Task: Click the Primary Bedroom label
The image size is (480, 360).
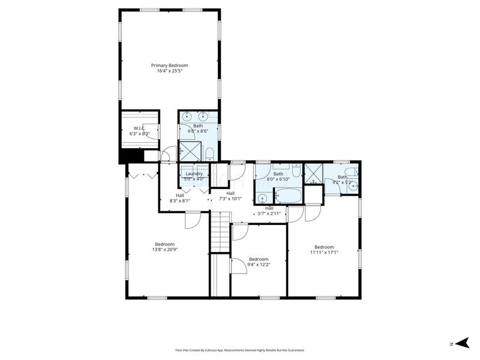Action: (169, 65)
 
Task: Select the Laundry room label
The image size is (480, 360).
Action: (194, 173)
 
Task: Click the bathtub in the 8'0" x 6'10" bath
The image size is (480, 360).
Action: (289, 196)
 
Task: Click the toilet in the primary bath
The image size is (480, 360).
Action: (209, 155)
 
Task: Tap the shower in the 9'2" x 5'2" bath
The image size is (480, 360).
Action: (313, 173)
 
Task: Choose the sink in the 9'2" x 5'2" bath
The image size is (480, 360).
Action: (353, 186)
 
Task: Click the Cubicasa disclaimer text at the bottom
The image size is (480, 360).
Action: (240, 350)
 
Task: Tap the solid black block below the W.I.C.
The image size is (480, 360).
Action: (131, 155)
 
